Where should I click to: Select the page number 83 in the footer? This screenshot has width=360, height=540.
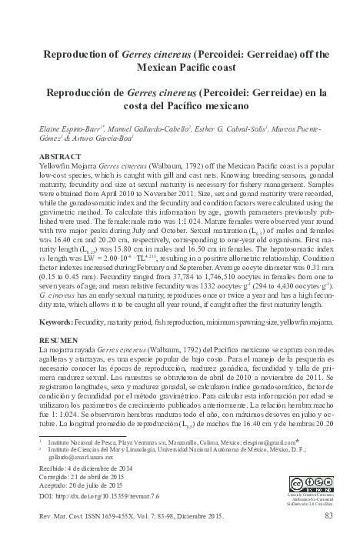click(x=328, y=515)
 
